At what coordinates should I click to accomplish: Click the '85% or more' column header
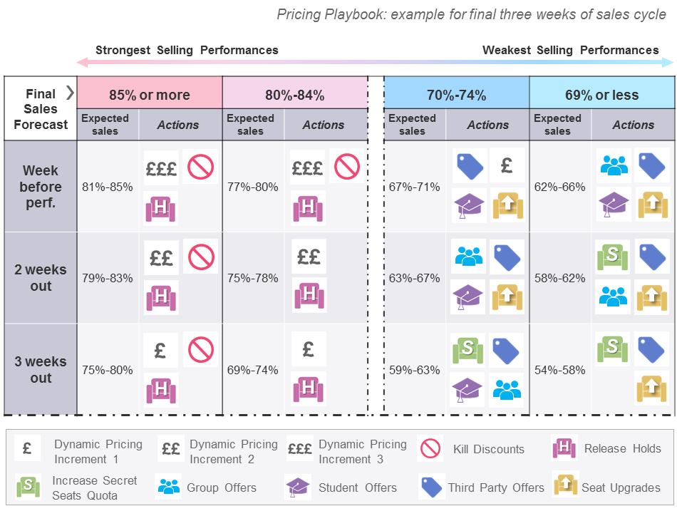click(x=150, y=95)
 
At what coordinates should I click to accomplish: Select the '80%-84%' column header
click(x=294, y=95)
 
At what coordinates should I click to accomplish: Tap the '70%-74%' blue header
click(x=456, y=95)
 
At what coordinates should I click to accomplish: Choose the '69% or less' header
click(x=601, y=95)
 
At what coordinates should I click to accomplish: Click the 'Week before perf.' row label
click(x=41, y=187)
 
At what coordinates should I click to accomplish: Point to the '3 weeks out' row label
click(x=41, y=370)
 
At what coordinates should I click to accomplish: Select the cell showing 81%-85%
click(x=107, y=187)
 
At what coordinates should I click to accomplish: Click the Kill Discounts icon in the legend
click(x=430, y=449)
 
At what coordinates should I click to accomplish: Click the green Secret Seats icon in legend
click(x=27, y=487)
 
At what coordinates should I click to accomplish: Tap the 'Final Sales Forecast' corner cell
click(x=41, y=109)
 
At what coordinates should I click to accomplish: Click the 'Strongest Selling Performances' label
click(x=187, y=50)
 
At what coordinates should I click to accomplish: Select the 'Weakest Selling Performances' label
click(x=570, y=50)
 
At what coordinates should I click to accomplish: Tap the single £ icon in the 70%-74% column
click(x=507, y=165)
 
